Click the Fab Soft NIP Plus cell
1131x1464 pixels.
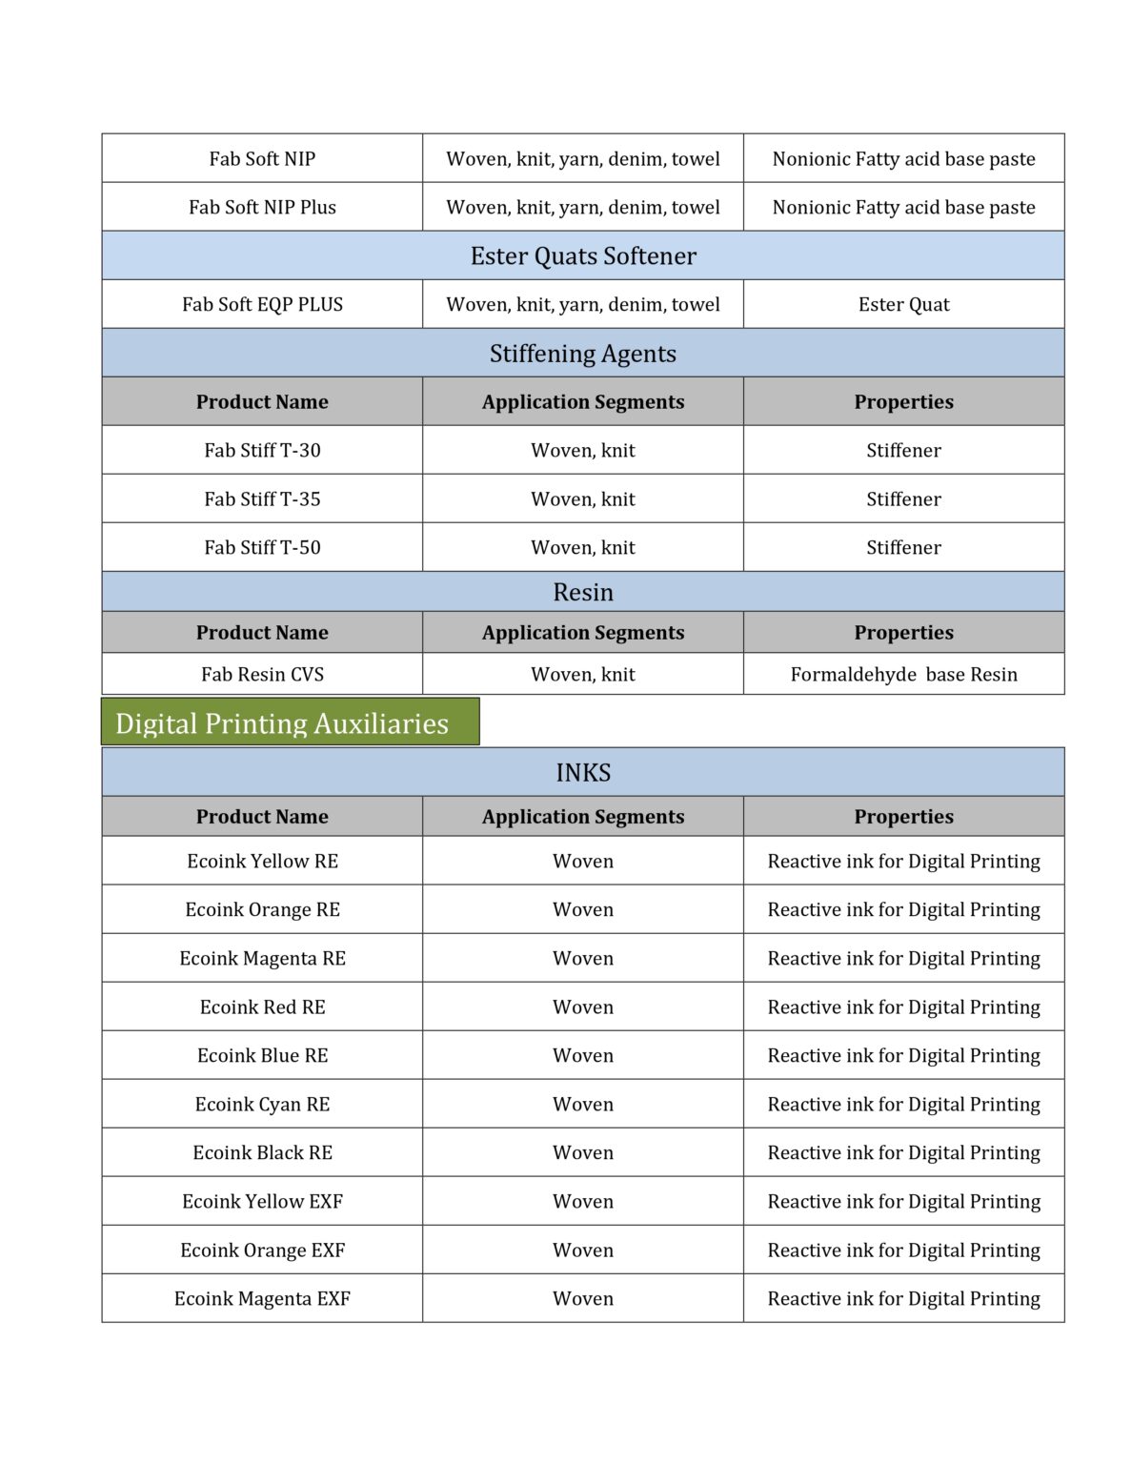click(x=262, y=207)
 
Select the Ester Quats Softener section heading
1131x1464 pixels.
click(x=582, y=255)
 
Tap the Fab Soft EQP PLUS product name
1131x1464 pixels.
click(x=262, y=304)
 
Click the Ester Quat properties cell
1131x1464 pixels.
click(x=902, y=304)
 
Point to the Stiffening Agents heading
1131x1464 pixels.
click(x=582, y=353)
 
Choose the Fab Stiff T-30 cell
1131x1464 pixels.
click(x=262, y=450)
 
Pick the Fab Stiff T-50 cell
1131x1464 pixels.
click(x=262, y=547)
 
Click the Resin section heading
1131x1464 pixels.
click(x=582, y=592)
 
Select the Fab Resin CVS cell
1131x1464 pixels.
click(x=262, y=674)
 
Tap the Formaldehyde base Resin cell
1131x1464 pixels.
click(x=902, y=674)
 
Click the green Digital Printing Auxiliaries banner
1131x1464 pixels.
click(x=290, y=722)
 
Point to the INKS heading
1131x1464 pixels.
click(x=582, y=772)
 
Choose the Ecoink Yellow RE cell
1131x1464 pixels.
click(x=262, y=861)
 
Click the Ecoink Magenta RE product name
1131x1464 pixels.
click(x=262, y=958)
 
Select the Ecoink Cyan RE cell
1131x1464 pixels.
click(x=262, y=1104)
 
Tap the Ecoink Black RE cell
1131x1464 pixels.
click(x=262, y=1152)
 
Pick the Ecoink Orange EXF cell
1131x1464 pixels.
click(x=262, y=1250)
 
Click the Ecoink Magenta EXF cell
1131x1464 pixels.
click(x=262, y=1298)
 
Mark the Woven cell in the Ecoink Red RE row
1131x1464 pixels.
click(x=582, y=1006)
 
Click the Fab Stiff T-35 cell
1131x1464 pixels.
click(x=262, y=498)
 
